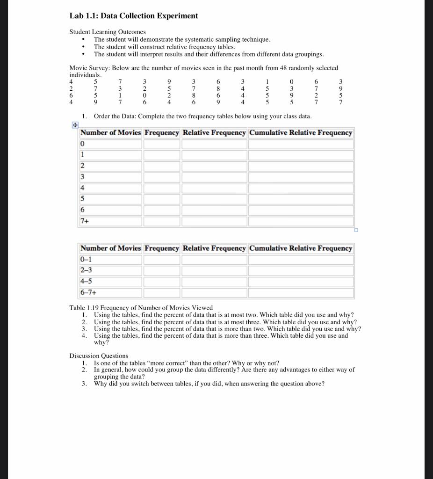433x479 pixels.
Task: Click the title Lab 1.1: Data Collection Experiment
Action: [133, 16]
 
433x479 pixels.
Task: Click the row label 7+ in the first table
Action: [85, 221]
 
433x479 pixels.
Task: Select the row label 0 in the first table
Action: [83, 144]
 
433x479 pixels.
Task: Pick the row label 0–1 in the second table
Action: [86, 259]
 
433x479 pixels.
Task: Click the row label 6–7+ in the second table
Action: [88, 293]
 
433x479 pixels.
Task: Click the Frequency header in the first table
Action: [162, 133]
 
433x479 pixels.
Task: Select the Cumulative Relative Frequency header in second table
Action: [301, 248]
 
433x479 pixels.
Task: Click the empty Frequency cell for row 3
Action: [162, 177]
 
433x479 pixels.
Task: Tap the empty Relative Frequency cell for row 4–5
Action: [214, 282]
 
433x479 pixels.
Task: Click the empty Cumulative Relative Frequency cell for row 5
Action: [301, 199]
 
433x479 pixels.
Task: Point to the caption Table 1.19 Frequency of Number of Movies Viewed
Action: [141, 308]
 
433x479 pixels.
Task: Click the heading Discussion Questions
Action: [99, 356]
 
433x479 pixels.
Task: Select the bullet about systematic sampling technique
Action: [182, 40]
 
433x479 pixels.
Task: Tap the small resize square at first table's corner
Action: [356, 230]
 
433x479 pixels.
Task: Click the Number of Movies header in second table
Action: [110, 248]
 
